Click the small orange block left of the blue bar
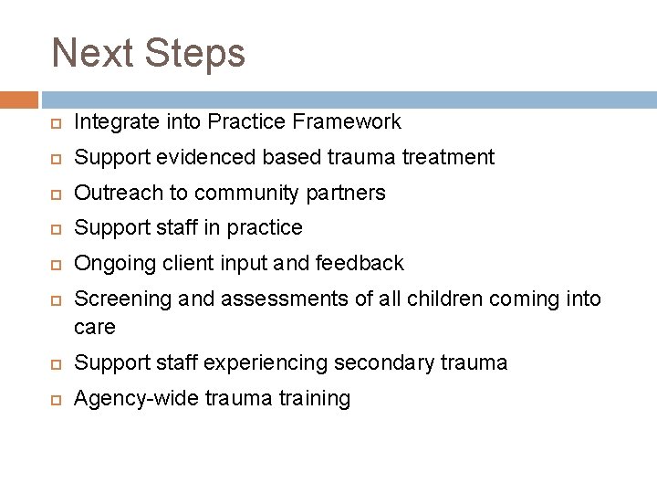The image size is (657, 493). click(x=18, y=100)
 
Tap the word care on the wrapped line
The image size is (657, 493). click(x=95, y=326)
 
